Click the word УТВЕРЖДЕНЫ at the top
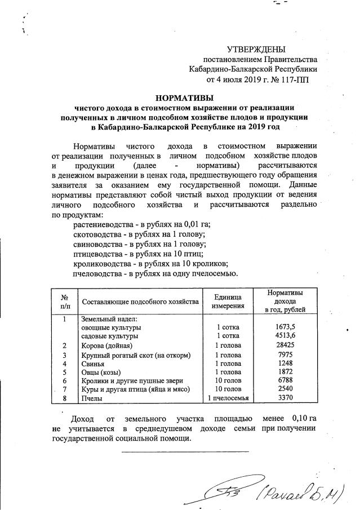point(256,49)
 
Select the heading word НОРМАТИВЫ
point(184,98)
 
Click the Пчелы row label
point(92,398)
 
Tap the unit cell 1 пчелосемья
point(228,398)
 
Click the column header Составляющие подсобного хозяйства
point(140,302)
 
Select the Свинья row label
point(94,363)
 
